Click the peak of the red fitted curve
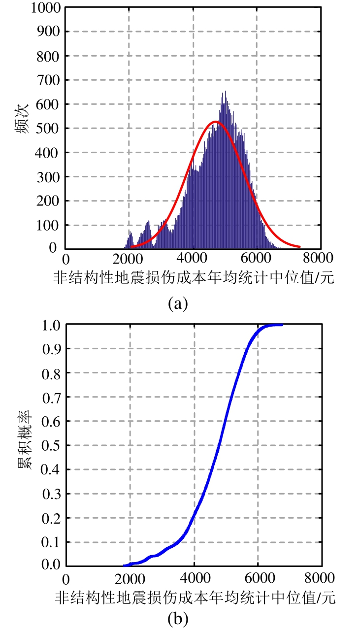[215, 122]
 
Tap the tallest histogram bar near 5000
[225, 92]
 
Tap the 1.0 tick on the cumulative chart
[52, 325]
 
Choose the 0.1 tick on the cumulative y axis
[52, 542]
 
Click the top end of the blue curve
[282, 325]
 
